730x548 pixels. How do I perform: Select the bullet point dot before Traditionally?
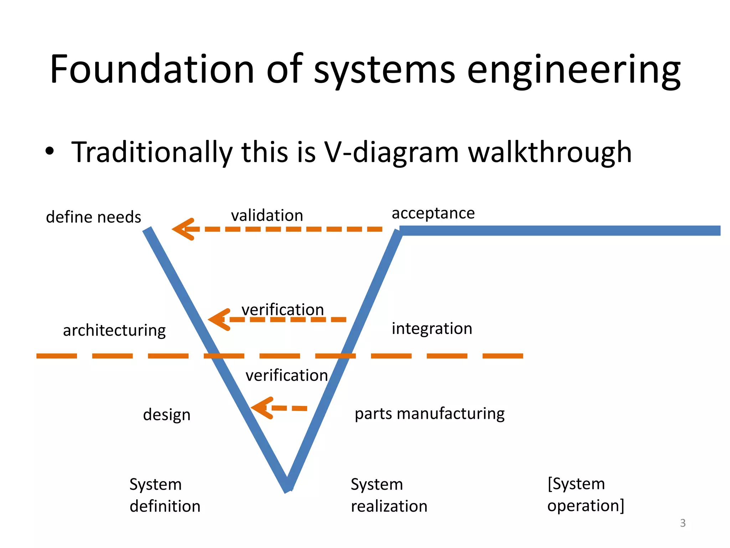tap(50, 151)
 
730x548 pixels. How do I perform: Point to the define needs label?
tap(93, 217)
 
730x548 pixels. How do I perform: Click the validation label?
tap(267, 215)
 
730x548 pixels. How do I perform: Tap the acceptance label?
tap(433, 213)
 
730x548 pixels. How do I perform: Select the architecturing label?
tap(114, 330)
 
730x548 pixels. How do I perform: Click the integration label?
tap(432, 329)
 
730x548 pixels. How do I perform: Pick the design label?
tap(166, 415)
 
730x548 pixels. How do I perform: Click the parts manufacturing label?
tap(430, 413)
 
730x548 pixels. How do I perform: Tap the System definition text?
tap(164, 495)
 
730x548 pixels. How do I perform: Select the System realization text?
tap(389, 495)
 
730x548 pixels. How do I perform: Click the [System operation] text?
tap(585, 494)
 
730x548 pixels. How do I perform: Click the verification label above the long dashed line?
tap(283, 309)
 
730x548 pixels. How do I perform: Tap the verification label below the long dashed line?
tap(287, 375)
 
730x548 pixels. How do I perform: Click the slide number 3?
tap(683, 523)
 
